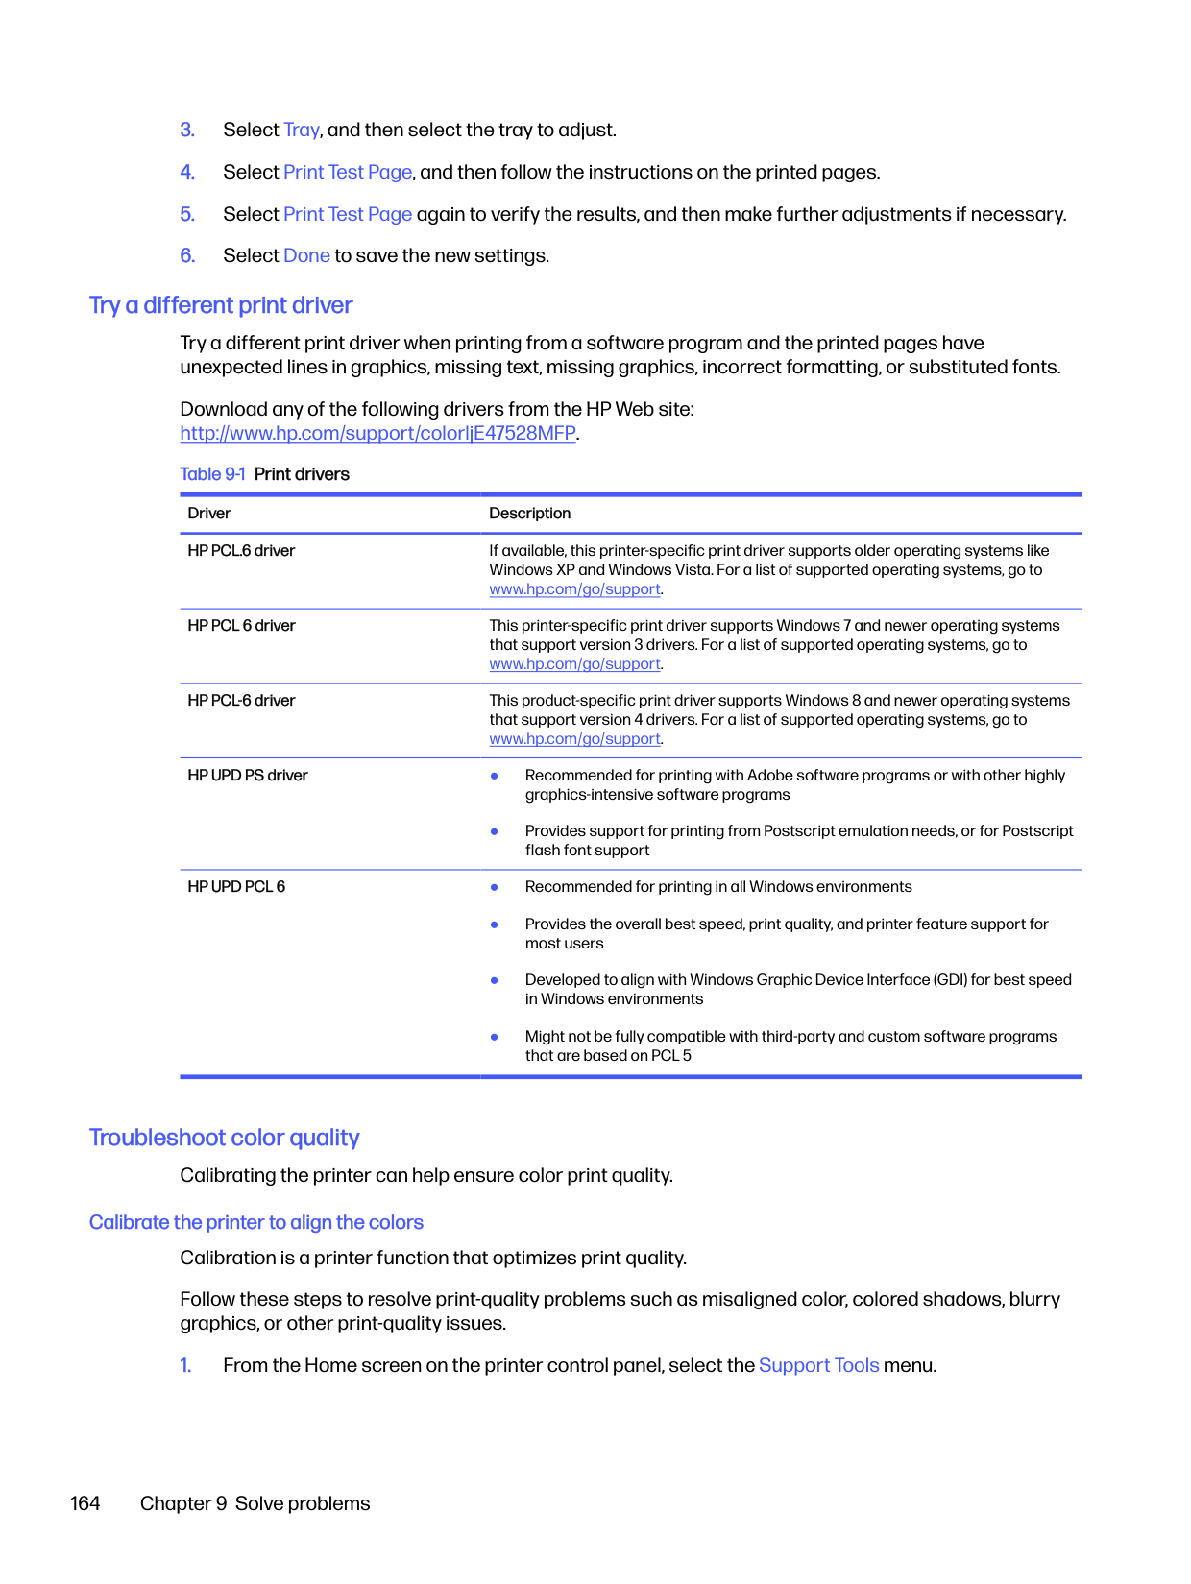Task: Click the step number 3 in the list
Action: tap(187, 130)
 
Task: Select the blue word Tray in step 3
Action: tap(301, 130)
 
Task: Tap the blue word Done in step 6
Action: tap(306, 255)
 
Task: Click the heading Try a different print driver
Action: tap(221, 305)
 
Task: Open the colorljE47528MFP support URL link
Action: tap(377, 433)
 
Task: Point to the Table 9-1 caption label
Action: tap(212, 474)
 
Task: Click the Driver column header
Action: tap(209, 514)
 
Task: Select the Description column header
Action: tap(529, 514)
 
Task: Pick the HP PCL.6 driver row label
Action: tap(241, 551)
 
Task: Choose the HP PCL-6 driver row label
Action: tap(241, 701)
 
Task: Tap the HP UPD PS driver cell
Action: tap(248, 776)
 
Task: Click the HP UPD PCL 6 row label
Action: tap(236, 887)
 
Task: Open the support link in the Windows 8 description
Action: tap(574, 739)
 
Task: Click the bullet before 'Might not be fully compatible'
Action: tap(495, 1037)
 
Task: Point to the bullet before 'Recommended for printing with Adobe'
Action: tap(495, 776)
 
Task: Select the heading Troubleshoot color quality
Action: tap(224, 1138)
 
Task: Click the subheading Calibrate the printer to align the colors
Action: tap(255, 1222)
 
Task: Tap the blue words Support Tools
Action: tap(818, 1365)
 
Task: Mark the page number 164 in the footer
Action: tap(85, 1503)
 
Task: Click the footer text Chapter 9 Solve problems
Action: tap(255, 1503)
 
